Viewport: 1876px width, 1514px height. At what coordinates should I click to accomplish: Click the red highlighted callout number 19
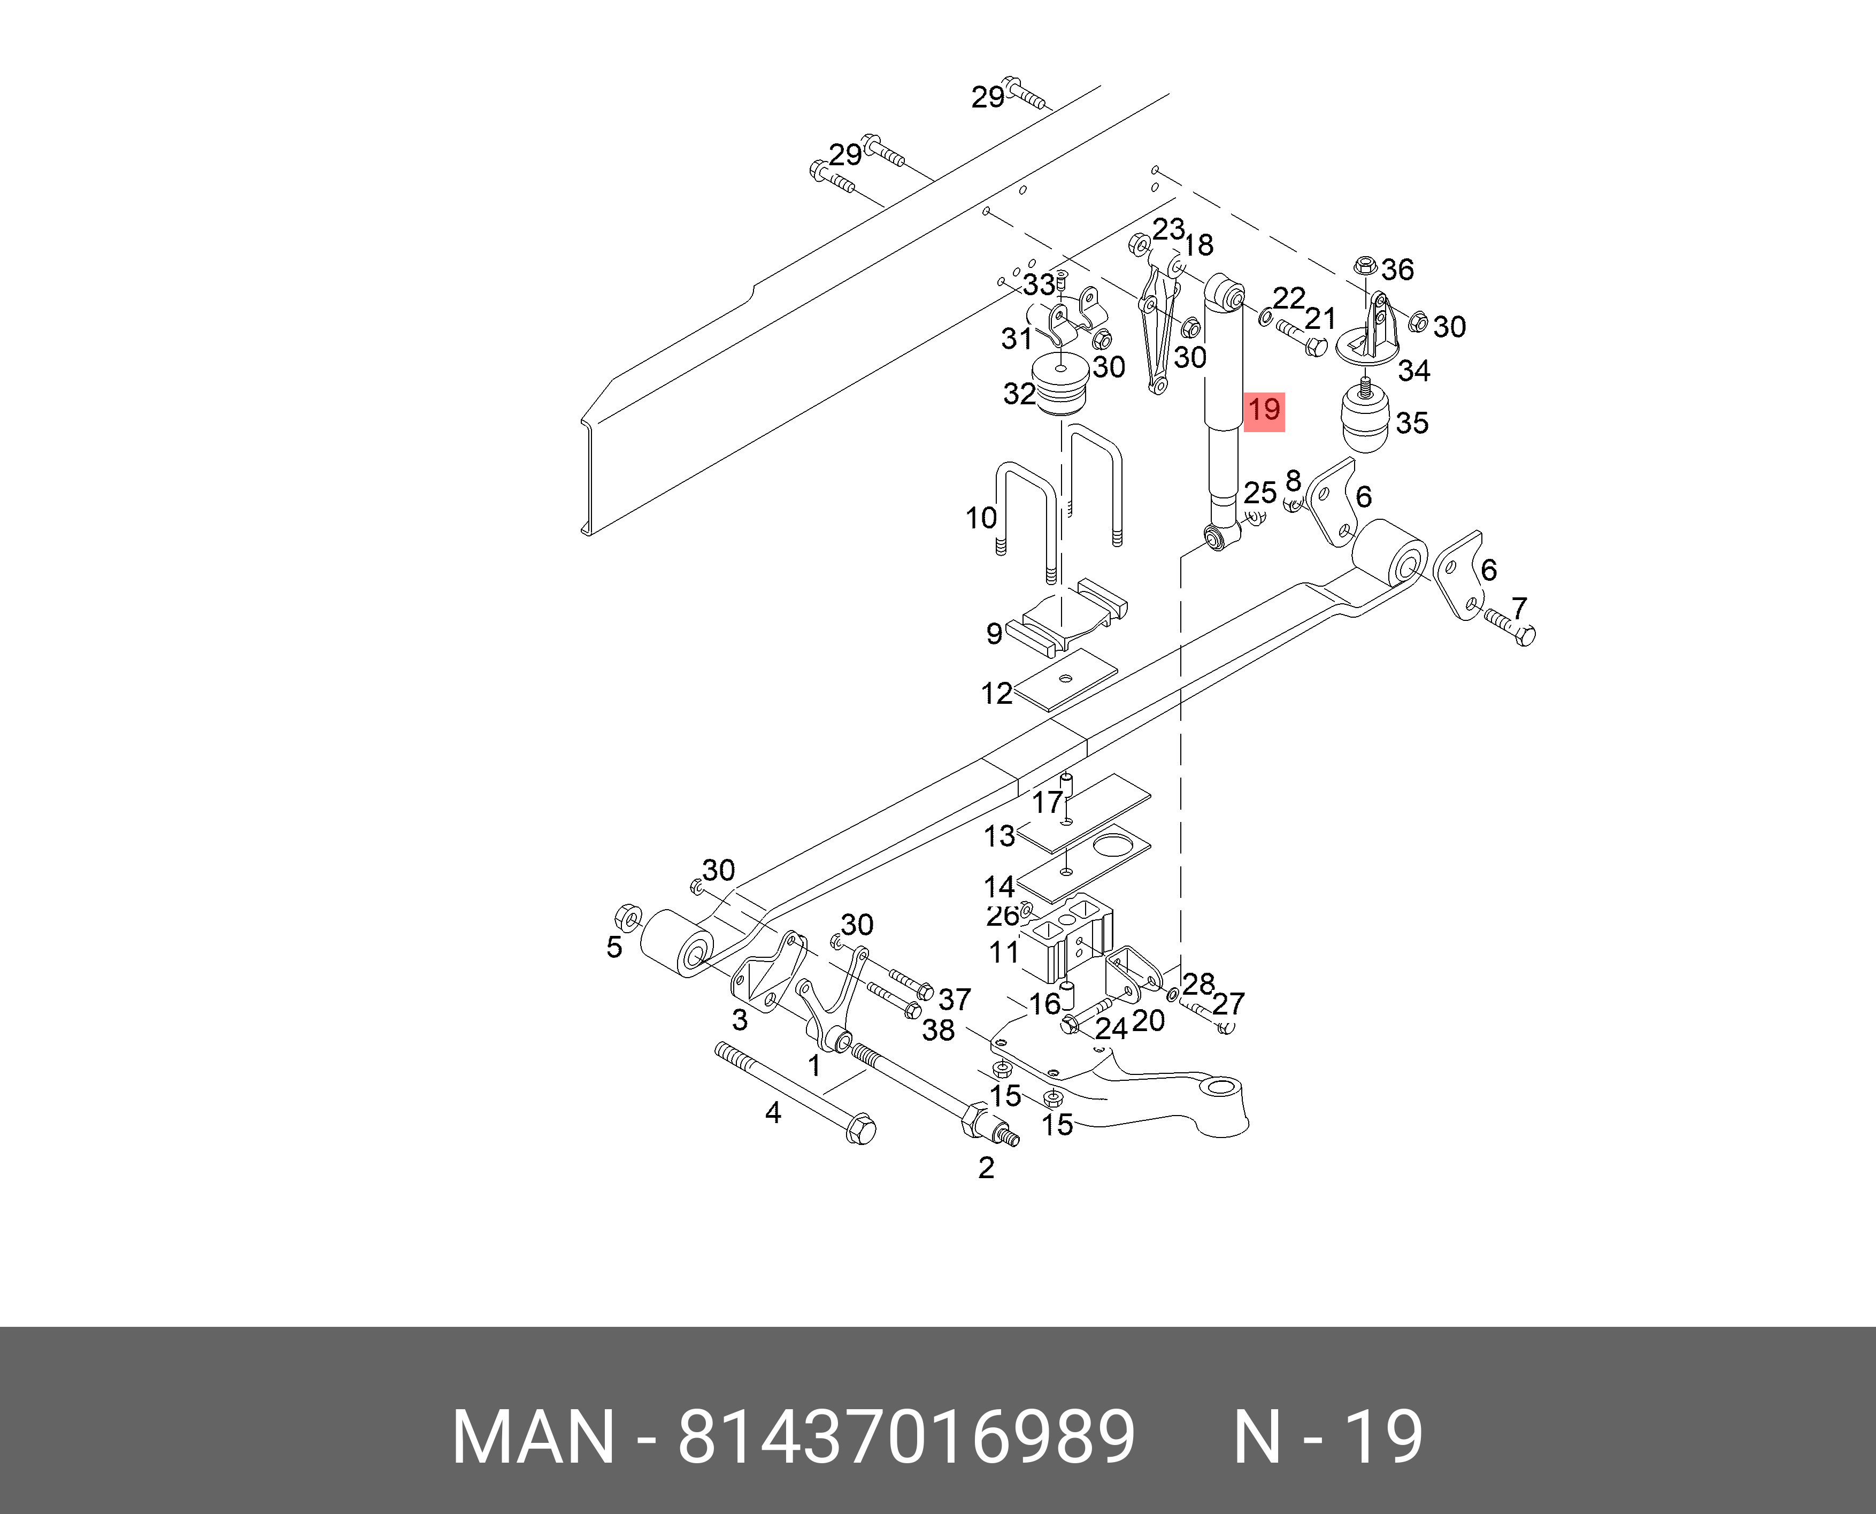click(1264, 410)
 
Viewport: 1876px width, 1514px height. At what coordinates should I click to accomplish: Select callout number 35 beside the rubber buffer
click(1412, 423)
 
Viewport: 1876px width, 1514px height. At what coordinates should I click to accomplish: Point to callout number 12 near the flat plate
click(997, 693)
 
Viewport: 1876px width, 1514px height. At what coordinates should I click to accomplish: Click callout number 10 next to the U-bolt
click(981, 518)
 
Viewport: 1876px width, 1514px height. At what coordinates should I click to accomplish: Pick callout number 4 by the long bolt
click(773, 1113)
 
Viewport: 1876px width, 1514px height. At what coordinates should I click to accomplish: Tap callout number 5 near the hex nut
click(614, 947)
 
